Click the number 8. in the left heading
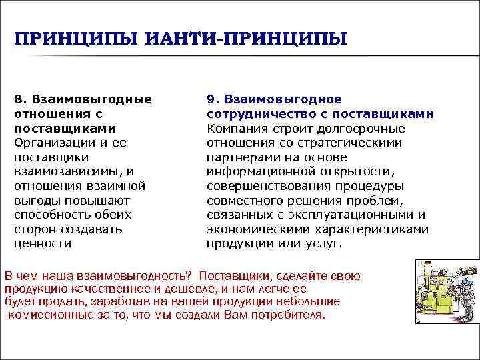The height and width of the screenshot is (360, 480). [x=21, y=99]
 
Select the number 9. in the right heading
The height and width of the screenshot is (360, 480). [x=213, y=99]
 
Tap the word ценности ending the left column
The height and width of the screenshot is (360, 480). [x=42, y=243]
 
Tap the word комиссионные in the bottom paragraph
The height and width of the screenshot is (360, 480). [x=46, y=315]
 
